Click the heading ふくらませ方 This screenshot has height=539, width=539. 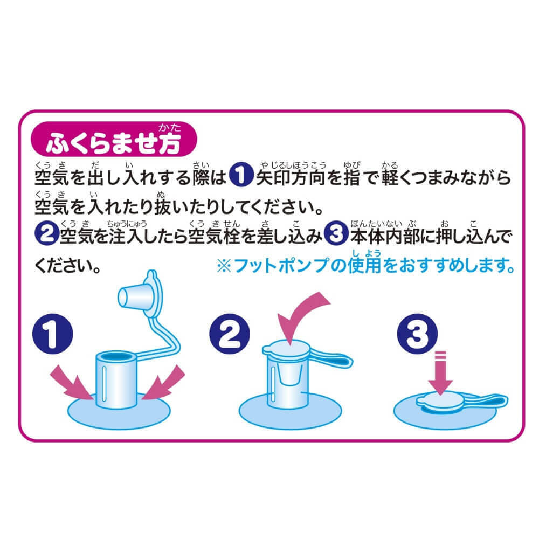coord(113,143)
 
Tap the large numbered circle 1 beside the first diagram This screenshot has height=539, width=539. coord(53,334)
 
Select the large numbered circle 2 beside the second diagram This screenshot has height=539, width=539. coord(229,334)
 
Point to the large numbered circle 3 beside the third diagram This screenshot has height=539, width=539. coord(417,334)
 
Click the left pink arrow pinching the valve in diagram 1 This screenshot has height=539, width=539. coord(72,383)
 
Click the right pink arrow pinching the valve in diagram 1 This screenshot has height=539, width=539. coord(164,383)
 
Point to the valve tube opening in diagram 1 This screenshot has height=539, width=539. coord(116,356)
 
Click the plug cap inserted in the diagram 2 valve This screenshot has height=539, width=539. coord(287,349)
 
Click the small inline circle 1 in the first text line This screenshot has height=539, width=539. coord(241,175)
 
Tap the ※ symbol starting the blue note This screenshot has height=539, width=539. coord(224,266)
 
